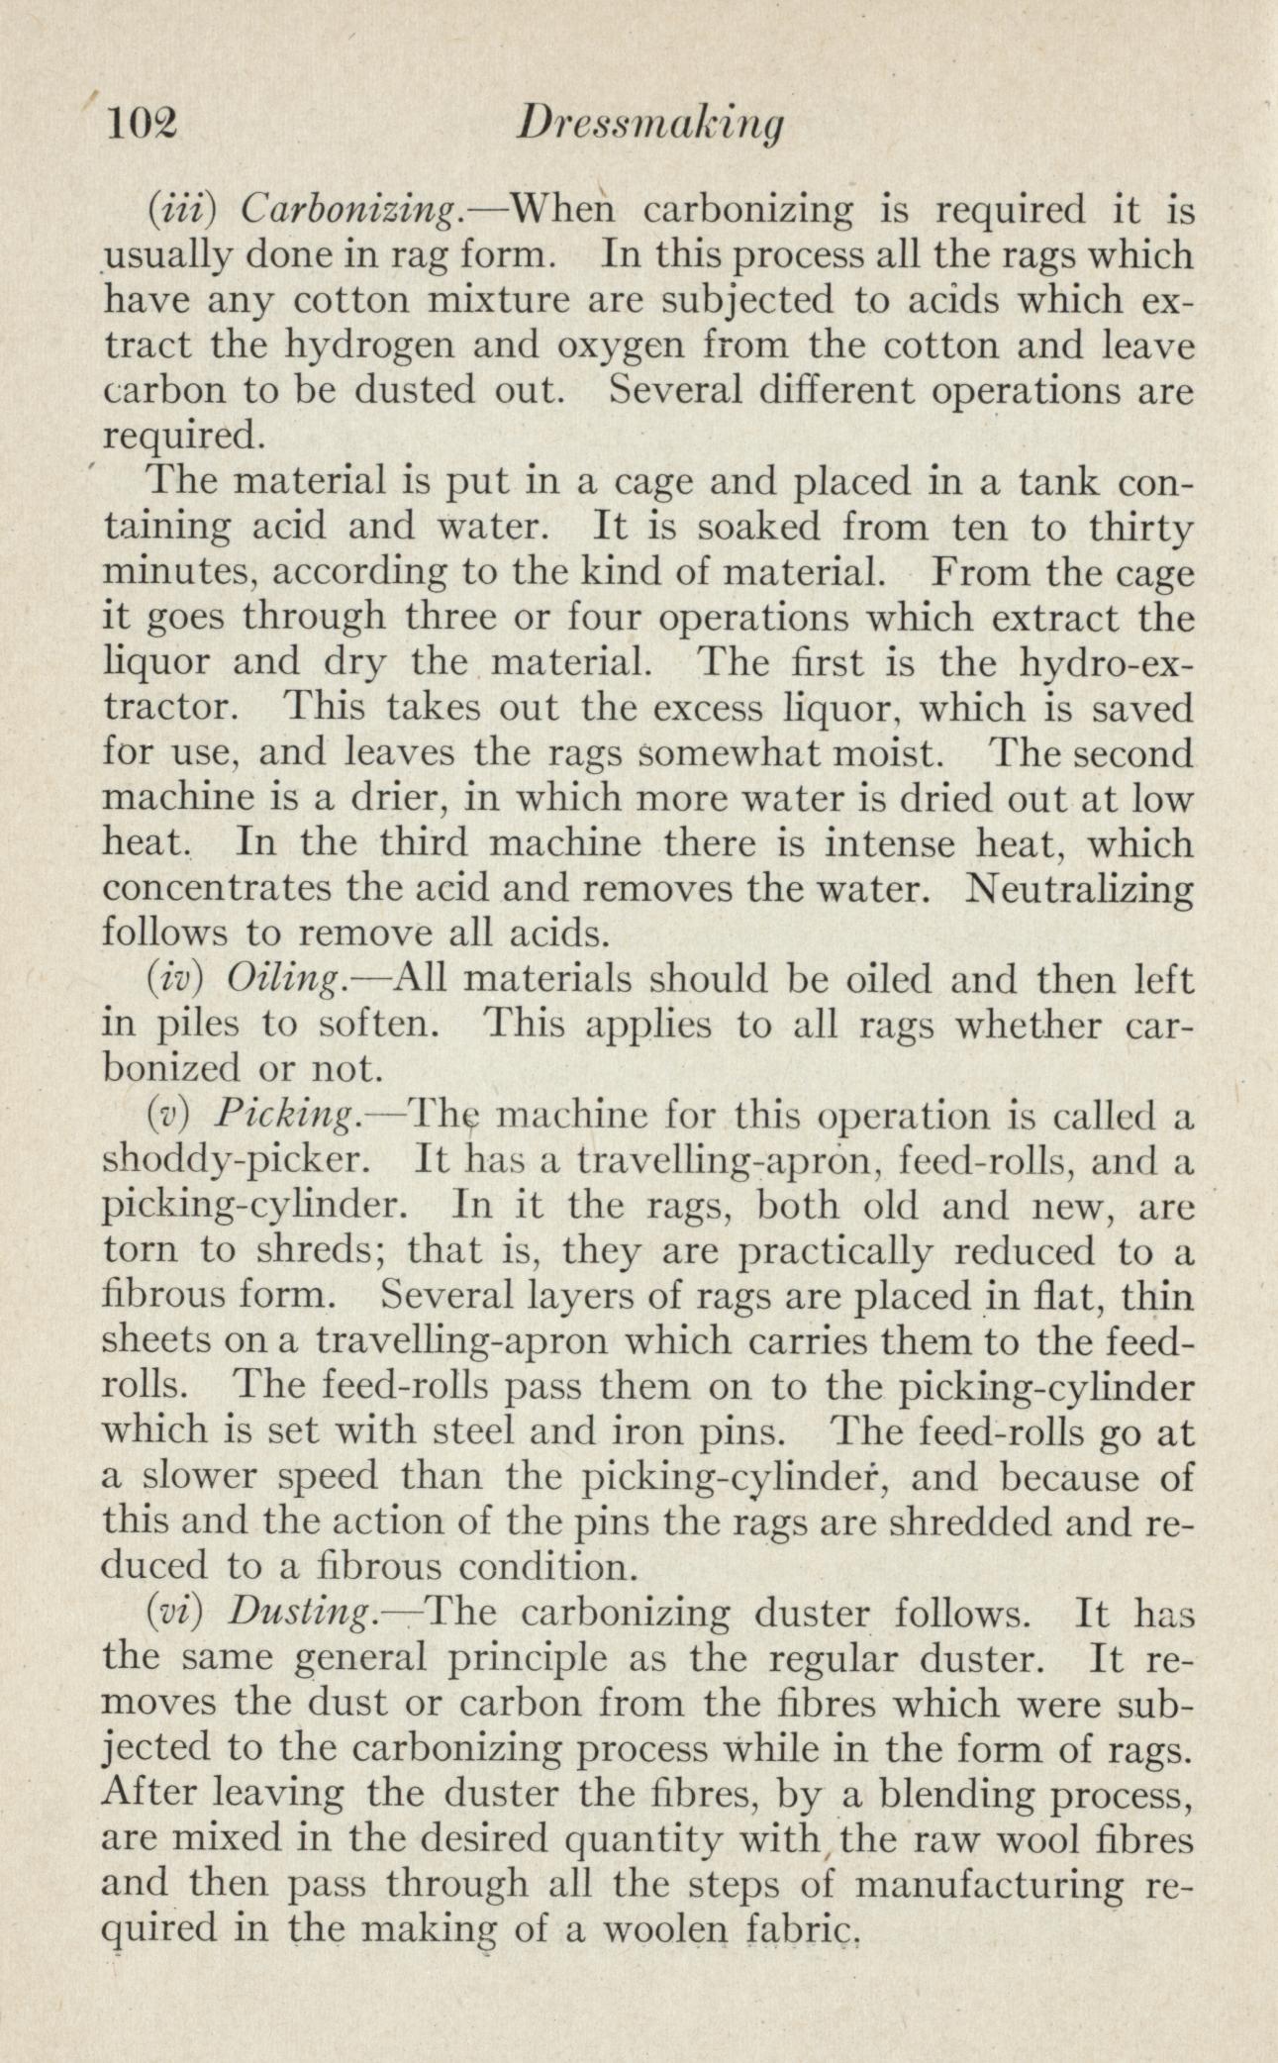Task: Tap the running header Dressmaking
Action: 652,127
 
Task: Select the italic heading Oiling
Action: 286,981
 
